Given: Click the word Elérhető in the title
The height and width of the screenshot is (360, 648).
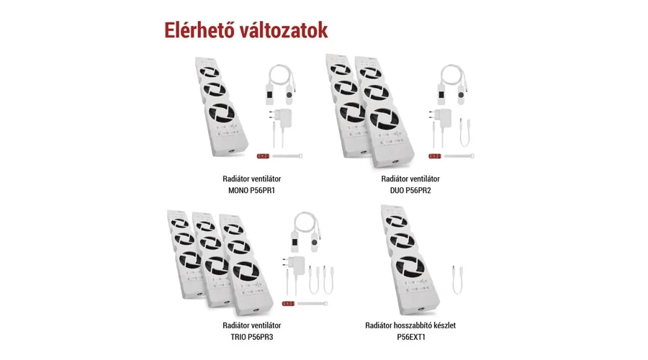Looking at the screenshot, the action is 199,30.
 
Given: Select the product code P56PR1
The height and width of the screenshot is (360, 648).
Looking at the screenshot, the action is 262,191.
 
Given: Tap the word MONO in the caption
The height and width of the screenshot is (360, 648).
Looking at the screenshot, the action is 238,191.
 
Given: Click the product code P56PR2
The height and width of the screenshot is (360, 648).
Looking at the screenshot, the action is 418,191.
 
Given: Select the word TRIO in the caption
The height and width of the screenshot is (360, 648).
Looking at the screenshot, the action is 238,337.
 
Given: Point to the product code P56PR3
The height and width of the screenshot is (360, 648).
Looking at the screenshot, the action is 261,337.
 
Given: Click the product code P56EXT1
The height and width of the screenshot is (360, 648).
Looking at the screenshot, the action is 411,337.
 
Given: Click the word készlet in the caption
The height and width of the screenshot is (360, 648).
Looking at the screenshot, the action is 443,325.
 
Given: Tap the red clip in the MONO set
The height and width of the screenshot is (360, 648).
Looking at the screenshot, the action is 264,156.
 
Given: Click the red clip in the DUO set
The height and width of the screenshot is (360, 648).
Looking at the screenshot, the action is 435,156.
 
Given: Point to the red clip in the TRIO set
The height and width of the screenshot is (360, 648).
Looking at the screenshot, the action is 288,304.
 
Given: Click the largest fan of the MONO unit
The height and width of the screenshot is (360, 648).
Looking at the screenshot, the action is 222,113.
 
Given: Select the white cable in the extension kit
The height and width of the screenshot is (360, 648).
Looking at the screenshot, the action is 457,280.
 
